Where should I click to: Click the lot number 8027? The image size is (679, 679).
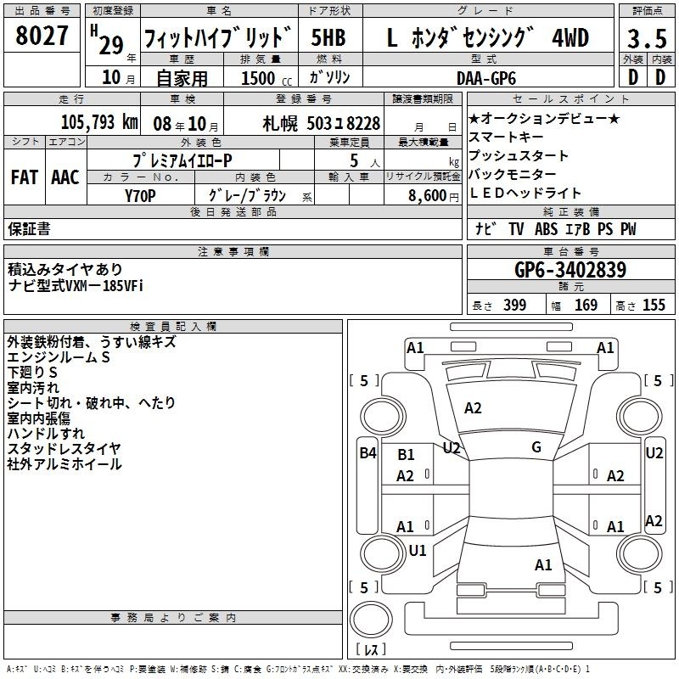pyautogui.click(x=43, y=36)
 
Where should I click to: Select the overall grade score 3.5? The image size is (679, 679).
pyautogui.click(x=647, y=39)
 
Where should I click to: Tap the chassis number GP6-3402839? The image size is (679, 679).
pyautogui.click(x=570, y=271)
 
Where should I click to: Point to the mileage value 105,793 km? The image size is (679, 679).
pyautogui.click(x=100, y=123)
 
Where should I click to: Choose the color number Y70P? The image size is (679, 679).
pyautogui.click(x=140, y=195)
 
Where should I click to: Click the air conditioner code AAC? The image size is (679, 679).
pyautogui.click(x=65, y=177)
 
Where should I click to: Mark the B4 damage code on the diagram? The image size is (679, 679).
pyautogui.click(x=367, y=453)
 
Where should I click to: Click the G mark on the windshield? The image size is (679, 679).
pyautogui.click(x=536, y=447)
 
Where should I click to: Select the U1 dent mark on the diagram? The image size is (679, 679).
pyautogui.click(x=418, y=550)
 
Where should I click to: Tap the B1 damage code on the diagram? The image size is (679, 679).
pyautogui.click(x=407, y=455)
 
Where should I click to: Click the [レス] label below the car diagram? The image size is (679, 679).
pyautogui.click(x=370, y=650)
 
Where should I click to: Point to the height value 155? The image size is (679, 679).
pyautogui.click(x=654, y=306)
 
